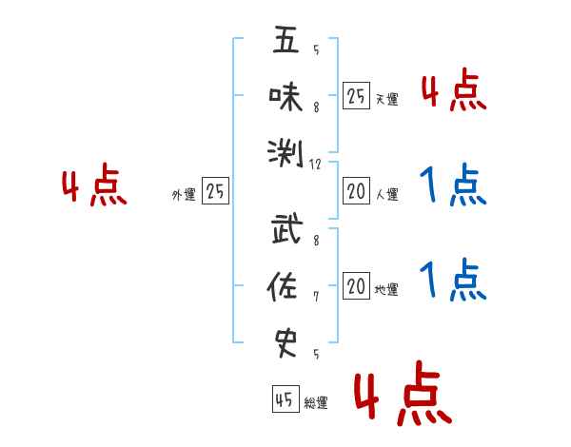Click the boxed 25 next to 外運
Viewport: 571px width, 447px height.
[216, 192]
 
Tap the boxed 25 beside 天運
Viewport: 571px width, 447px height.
[356, 96]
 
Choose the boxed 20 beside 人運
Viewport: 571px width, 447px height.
[356, 192]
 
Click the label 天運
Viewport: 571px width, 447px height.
[386, 99]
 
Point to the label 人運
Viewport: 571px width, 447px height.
[386, 195]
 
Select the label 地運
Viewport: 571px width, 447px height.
[386, 290]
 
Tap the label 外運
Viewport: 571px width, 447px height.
[184, 195]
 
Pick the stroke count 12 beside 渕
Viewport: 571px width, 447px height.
[315, 164]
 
